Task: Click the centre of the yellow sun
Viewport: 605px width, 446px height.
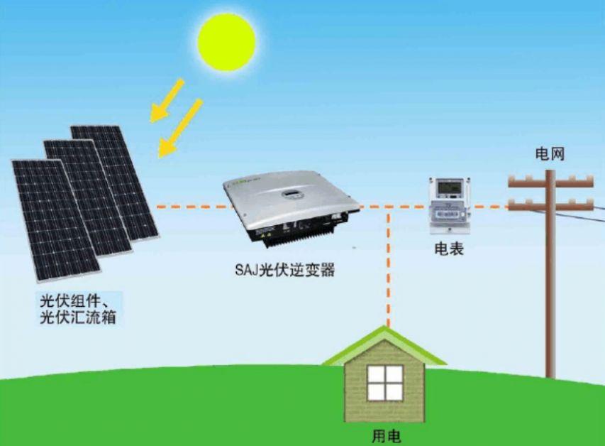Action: coord(226,42)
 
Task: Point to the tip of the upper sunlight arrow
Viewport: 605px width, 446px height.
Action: coord(151,121)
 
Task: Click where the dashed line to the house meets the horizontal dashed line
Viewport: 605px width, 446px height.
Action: coord(389,207)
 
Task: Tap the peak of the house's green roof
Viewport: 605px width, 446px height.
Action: coord(384,327)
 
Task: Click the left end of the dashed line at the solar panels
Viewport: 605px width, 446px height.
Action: coord(157,207)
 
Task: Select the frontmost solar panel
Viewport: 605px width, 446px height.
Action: coord(56,220)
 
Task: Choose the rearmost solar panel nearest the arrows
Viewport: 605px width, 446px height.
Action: coord(114,183)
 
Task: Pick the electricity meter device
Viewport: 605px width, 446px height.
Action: coord(450,206)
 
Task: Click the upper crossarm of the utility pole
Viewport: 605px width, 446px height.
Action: coord(550,182)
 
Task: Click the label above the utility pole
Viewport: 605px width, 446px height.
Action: coord(550,154)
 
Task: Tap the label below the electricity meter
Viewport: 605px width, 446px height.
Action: coord(449,249)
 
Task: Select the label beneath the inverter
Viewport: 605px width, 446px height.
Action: coord(284,270)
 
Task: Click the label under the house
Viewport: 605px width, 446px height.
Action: coord(387,437)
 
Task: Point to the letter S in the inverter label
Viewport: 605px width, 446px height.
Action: coord(239,270)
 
